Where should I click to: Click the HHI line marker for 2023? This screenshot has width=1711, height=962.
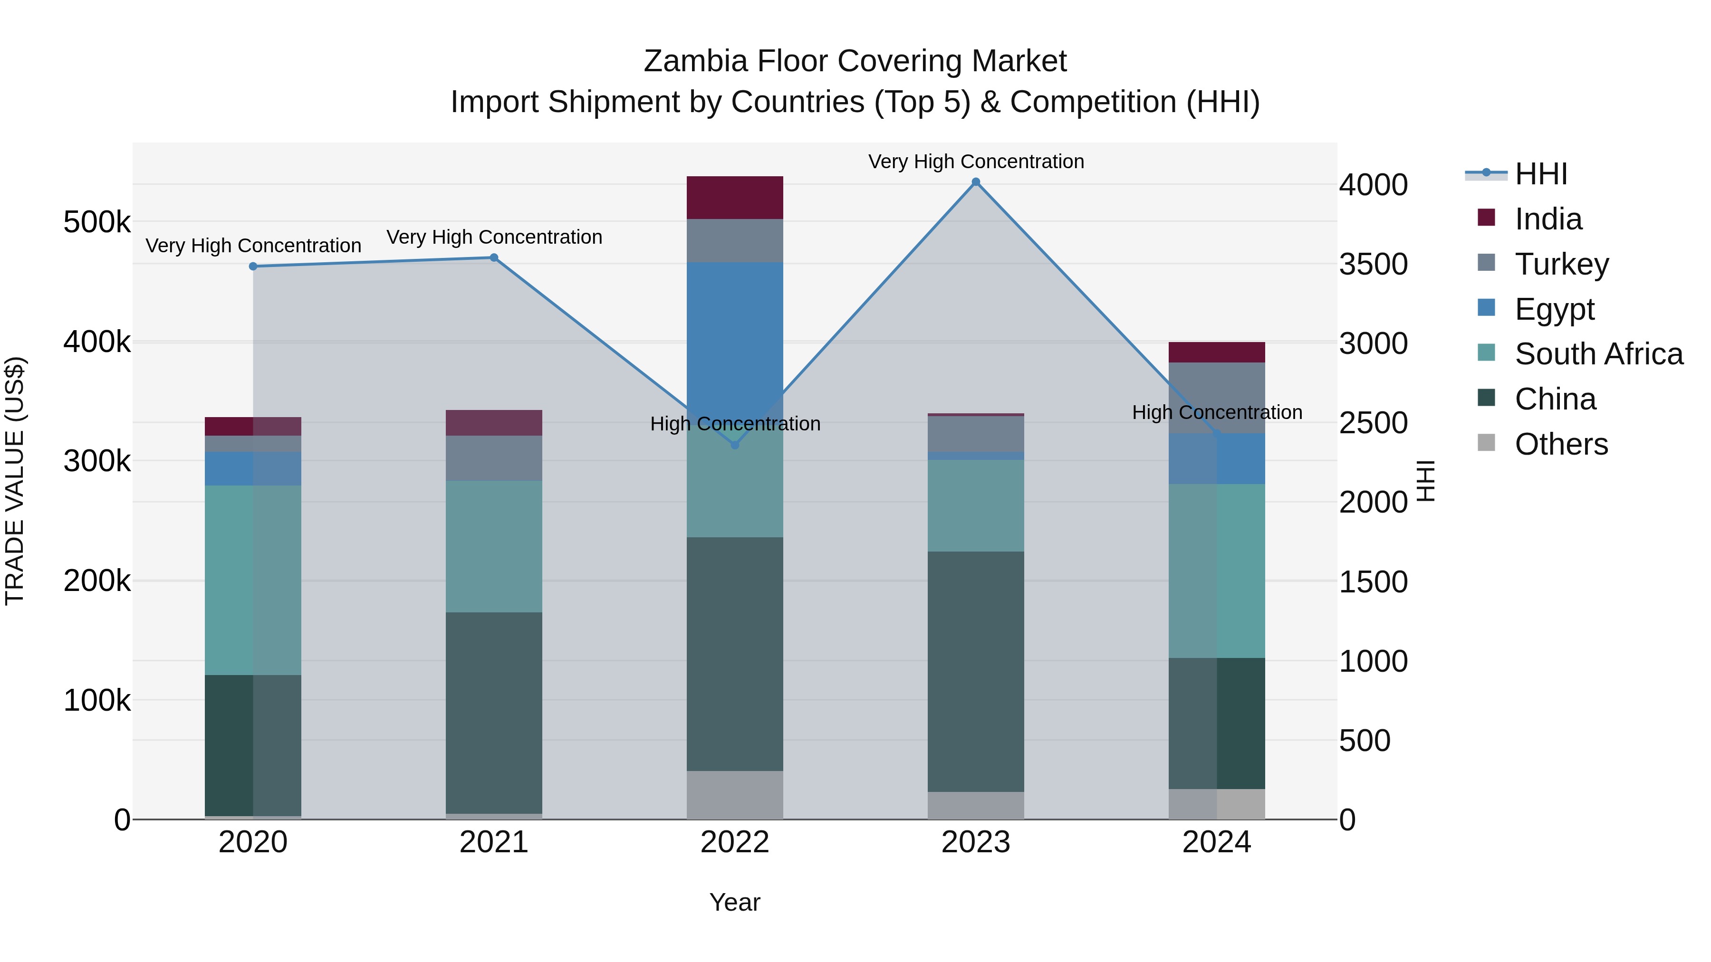976,182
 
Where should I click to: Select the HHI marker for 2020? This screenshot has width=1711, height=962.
253,266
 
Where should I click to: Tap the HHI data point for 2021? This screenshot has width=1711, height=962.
494,257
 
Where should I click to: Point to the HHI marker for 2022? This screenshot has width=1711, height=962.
735,445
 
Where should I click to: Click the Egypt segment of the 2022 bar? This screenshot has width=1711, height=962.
735,332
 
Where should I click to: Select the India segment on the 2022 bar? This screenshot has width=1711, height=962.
735,197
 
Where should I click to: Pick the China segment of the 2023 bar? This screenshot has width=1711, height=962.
976,670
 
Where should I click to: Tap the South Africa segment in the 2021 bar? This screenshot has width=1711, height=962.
494,546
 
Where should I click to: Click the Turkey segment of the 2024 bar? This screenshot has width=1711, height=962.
1216,397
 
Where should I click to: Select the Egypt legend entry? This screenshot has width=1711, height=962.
1554,309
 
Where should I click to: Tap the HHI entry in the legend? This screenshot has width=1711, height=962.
1540,174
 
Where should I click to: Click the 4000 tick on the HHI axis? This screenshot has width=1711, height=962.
1373,185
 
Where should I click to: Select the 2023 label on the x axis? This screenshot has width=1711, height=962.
976,842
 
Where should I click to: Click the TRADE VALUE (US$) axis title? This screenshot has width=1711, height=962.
15,481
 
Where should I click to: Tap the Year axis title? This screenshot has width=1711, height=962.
735,902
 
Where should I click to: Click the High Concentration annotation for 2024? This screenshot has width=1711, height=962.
1216,412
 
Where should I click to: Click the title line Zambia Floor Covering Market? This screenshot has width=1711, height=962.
855,61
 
